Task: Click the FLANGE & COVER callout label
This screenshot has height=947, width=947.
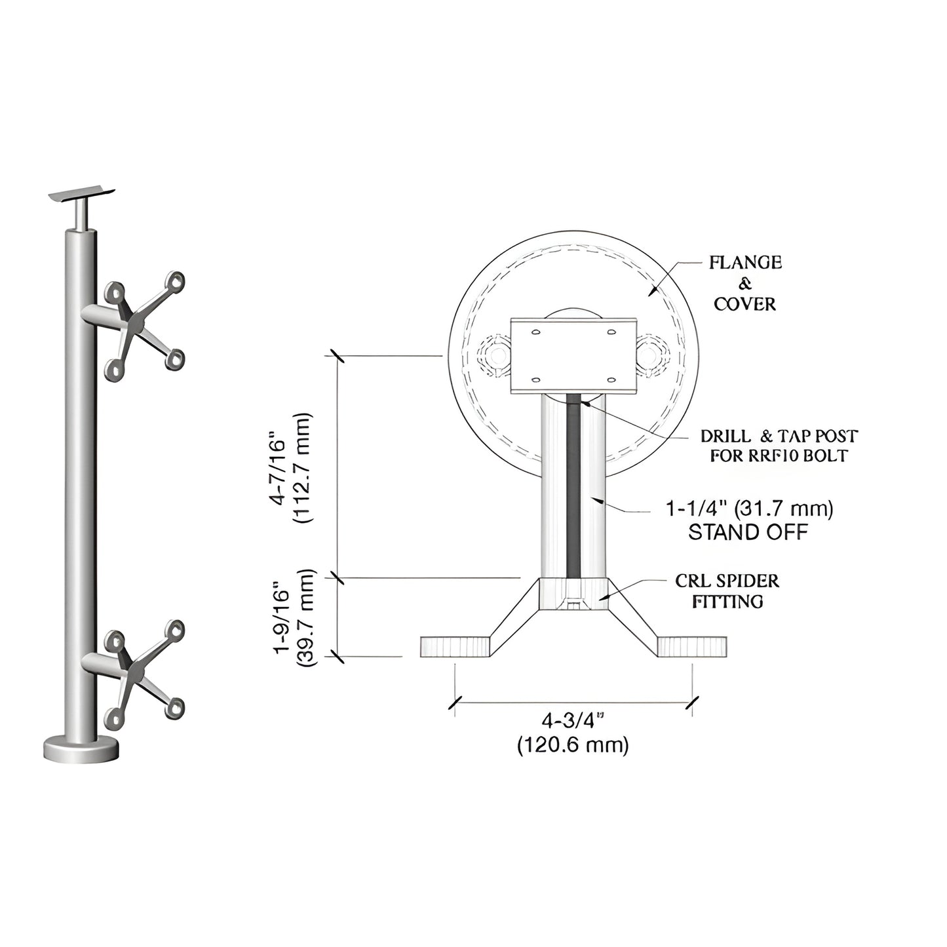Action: (745, 283)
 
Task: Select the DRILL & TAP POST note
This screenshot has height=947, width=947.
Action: (779, 446)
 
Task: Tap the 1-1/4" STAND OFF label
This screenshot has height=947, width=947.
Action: (749, 520)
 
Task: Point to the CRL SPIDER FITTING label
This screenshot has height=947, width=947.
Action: (727, 590)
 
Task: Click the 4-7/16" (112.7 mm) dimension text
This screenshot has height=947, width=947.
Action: (290, 468)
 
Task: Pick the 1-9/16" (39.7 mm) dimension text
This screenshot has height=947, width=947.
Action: (290, 617)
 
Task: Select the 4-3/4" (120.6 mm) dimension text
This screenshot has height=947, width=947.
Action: (572, 733)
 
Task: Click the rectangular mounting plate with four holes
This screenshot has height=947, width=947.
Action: (573, 355)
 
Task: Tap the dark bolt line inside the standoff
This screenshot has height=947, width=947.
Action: (573, 485)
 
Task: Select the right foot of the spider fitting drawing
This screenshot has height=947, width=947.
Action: (691, 646)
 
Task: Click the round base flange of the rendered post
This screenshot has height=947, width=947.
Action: (82, 748)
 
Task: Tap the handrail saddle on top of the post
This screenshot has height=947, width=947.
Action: (83, 194)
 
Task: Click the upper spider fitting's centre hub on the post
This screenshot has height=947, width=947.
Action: (136, 323)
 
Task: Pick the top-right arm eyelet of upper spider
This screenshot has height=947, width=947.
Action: (175, 280)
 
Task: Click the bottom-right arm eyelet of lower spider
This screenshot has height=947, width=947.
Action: (175, 708)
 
